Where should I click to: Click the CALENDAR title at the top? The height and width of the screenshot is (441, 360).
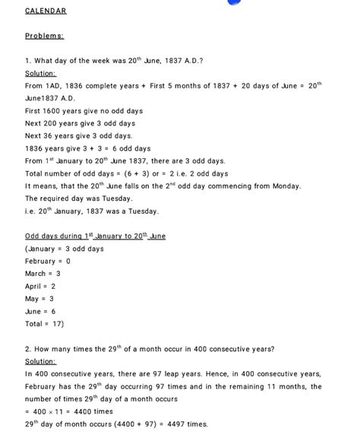coord(46,11)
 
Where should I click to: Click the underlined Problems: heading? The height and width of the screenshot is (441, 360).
coord(44,36)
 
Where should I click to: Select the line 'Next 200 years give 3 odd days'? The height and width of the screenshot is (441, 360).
coord(80,123)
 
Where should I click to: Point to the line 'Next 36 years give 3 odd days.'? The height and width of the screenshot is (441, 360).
coord(78,135)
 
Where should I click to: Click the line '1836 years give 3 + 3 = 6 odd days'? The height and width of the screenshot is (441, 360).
coord(87,148)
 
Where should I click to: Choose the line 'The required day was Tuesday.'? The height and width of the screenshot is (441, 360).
coord(78,198)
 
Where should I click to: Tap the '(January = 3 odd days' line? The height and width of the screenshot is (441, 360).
coord(64,249)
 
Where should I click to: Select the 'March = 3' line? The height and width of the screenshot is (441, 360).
coord(43,273)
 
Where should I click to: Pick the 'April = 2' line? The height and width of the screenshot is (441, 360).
coord(40,286)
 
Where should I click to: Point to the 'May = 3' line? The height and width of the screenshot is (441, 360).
coord(39,299)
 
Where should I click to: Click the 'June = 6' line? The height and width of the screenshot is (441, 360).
coord(40,311)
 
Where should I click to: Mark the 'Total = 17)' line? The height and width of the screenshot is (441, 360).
coord(44,323)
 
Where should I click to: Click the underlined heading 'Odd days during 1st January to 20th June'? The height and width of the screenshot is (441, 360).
coord(95,236)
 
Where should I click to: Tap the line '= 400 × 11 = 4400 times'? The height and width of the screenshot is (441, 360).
coord(69,411)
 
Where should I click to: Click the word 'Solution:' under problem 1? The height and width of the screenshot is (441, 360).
coord(40,73)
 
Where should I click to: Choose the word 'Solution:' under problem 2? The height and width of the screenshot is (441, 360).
coord(40,361)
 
